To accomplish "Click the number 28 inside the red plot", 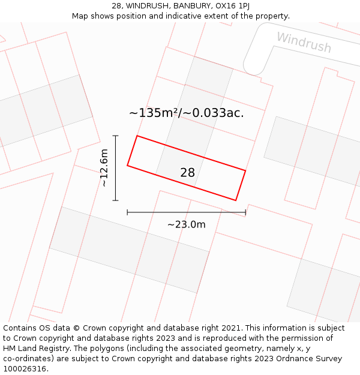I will [x=187, y=173].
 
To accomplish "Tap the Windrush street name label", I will [x=304, y=42].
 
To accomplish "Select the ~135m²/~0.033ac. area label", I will [x=187, y=113].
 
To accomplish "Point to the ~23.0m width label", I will [x=186, y=224].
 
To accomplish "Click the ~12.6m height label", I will [x=104, y=168].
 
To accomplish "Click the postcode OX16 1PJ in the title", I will [x=231, y=6].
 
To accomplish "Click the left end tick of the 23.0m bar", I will [x=127, y=212].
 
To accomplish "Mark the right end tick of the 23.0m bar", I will [x=245, y=212].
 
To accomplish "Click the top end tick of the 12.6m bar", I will [x=115, y=136].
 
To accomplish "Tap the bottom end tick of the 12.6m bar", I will [x=115, y=200].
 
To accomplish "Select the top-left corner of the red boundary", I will [x=137, y=136].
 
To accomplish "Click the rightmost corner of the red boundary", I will [x=245, y=170].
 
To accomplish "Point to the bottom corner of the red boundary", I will [x=235, y=200].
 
